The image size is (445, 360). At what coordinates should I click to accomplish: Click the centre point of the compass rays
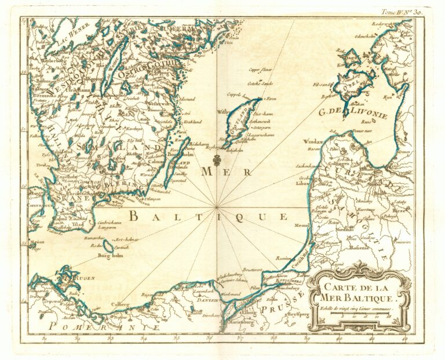(x=217, y=206)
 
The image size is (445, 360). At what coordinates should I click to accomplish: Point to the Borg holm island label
(x=112, y=256)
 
